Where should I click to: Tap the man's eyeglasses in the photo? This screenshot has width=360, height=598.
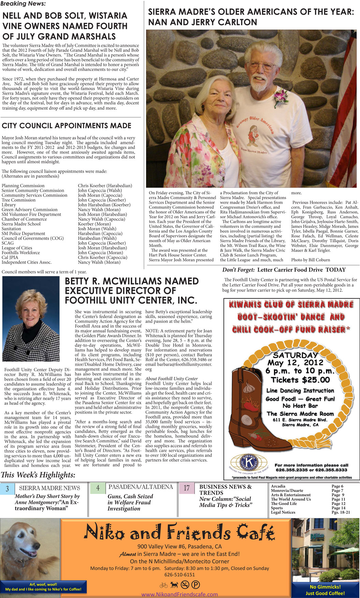coord(261,65)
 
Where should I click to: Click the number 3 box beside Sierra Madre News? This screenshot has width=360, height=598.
coord(7,488)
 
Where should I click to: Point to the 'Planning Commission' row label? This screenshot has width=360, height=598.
coord(23,186)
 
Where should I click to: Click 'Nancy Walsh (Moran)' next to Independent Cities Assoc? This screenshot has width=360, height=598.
coord(99,262)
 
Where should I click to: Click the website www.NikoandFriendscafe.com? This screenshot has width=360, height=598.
coord(179,594)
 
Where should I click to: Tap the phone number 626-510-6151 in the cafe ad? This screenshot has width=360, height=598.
coord(179,574)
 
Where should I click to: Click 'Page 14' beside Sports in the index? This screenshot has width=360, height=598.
coord(338,508)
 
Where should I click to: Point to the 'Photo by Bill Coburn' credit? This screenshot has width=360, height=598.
coord(310,260)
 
